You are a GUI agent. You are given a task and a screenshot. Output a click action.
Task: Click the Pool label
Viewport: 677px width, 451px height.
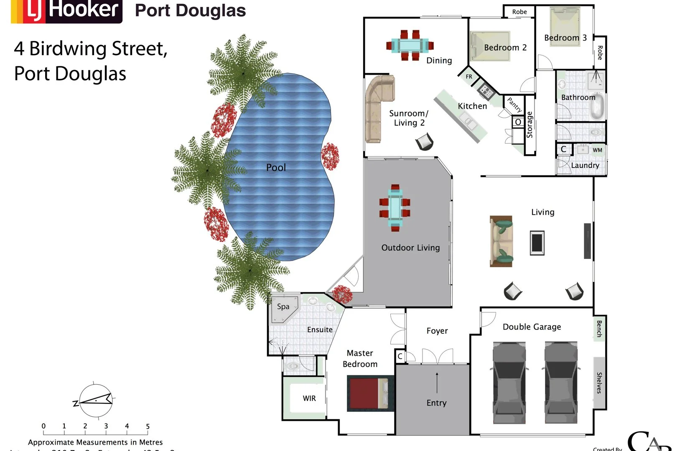pos(276,167)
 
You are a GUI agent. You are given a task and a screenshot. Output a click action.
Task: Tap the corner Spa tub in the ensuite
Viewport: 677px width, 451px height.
pos(284,309)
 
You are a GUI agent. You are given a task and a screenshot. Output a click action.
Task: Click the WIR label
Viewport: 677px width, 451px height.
pos(309,398)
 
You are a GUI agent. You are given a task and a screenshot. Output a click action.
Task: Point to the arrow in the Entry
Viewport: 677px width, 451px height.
pos(437,382)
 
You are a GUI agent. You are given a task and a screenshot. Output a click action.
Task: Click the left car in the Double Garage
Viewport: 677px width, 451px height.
pos(509,382)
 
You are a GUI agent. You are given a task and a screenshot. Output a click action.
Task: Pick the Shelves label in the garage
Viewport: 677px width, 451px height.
pos(599,383)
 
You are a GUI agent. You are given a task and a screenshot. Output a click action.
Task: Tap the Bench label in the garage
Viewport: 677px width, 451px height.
pos(599,329)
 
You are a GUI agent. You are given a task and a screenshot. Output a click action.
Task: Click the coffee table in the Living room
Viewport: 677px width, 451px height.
pos(537,243)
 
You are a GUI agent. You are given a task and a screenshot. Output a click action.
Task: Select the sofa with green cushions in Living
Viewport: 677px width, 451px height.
pos(501,241)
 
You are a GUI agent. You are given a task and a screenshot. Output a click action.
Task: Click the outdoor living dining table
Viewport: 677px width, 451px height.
pos(395,208)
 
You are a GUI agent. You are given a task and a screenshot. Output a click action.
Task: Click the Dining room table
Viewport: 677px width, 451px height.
pos(410,45)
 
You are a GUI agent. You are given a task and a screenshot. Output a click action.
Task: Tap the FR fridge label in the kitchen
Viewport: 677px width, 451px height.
pos(469,76)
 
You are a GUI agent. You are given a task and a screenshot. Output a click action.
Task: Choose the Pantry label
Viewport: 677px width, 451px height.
pos(514,104)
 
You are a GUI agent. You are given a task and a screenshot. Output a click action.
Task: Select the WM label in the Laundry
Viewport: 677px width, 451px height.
pos(597,150)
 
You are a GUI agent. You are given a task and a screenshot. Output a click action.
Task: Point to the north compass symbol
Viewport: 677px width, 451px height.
pos(95,400)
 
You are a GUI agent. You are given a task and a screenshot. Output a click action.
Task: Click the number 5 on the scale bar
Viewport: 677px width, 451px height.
pos(148,426)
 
